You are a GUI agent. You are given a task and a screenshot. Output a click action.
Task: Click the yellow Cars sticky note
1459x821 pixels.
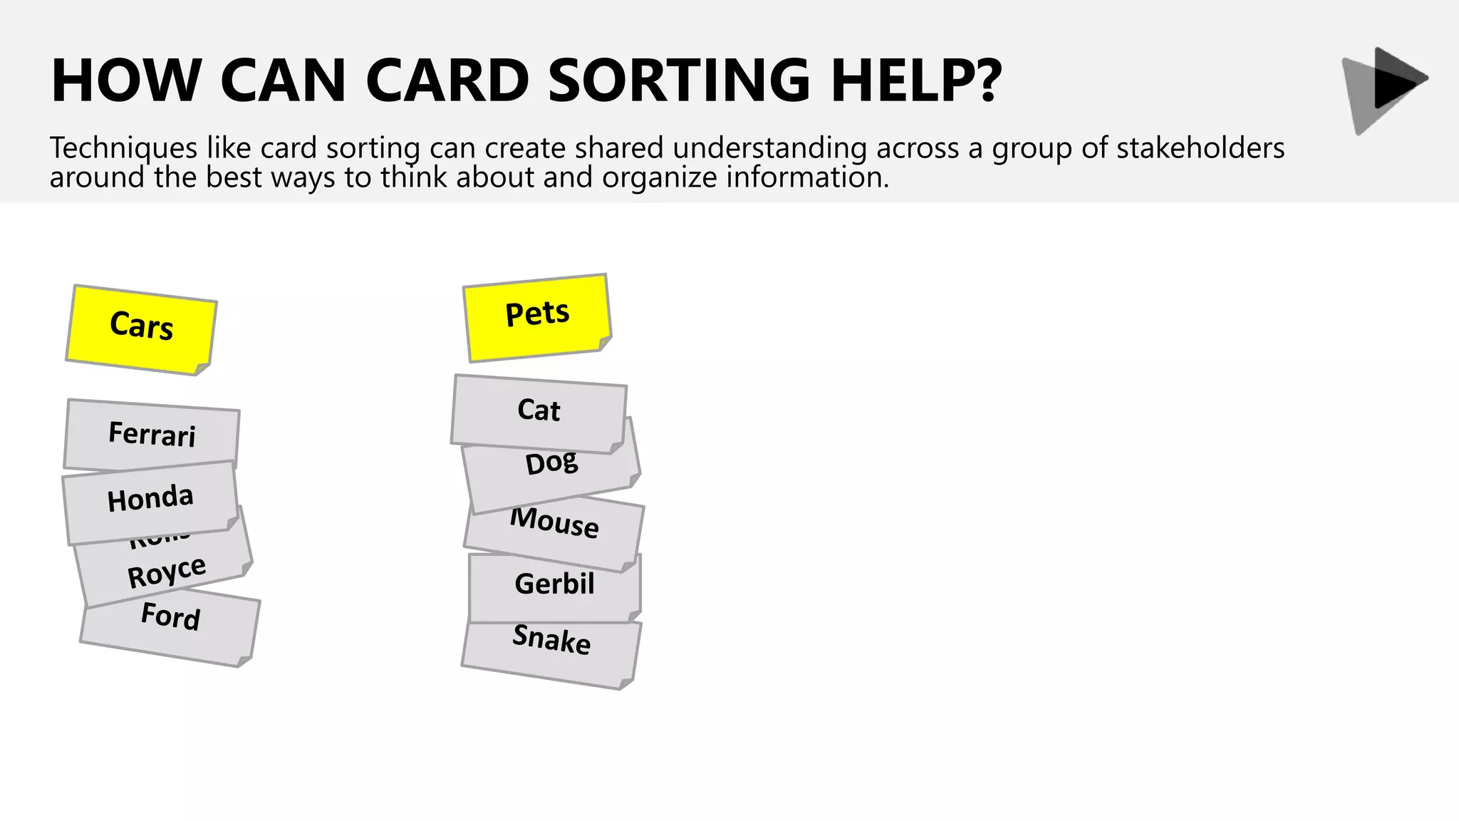pyautogui.click(x=141, y=329)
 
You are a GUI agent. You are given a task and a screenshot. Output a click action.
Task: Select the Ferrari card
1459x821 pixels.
pyautogui.click(x=152, y=434)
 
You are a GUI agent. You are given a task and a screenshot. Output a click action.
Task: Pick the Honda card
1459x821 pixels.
pyautogui.click(x=150, y=499)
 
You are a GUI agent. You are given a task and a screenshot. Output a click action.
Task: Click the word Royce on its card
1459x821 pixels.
pyautogui.click(x=167, y=572)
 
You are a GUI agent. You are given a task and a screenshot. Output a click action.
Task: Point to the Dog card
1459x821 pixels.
pyautogui.click(x=551, y=464)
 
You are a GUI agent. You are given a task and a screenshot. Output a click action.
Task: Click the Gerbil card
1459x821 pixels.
pyautogui.click(x=554, y=584)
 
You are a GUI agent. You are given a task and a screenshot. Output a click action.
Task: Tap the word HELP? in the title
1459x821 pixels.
pyautogui.click(x=916, y=80)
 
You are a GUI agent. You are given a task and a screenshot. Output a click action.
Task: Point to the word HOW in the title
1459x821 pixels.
pyautogui.click(x=126, y=80)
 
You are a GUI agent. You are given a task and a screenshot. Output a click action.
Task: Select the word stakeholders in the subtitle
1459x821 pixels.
pyautogui.click(x=1200, y=148)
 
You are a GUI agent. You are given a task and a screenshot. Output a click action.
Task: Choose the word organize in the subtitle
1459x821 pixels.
pyautogui.click(x=659, y=177)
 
